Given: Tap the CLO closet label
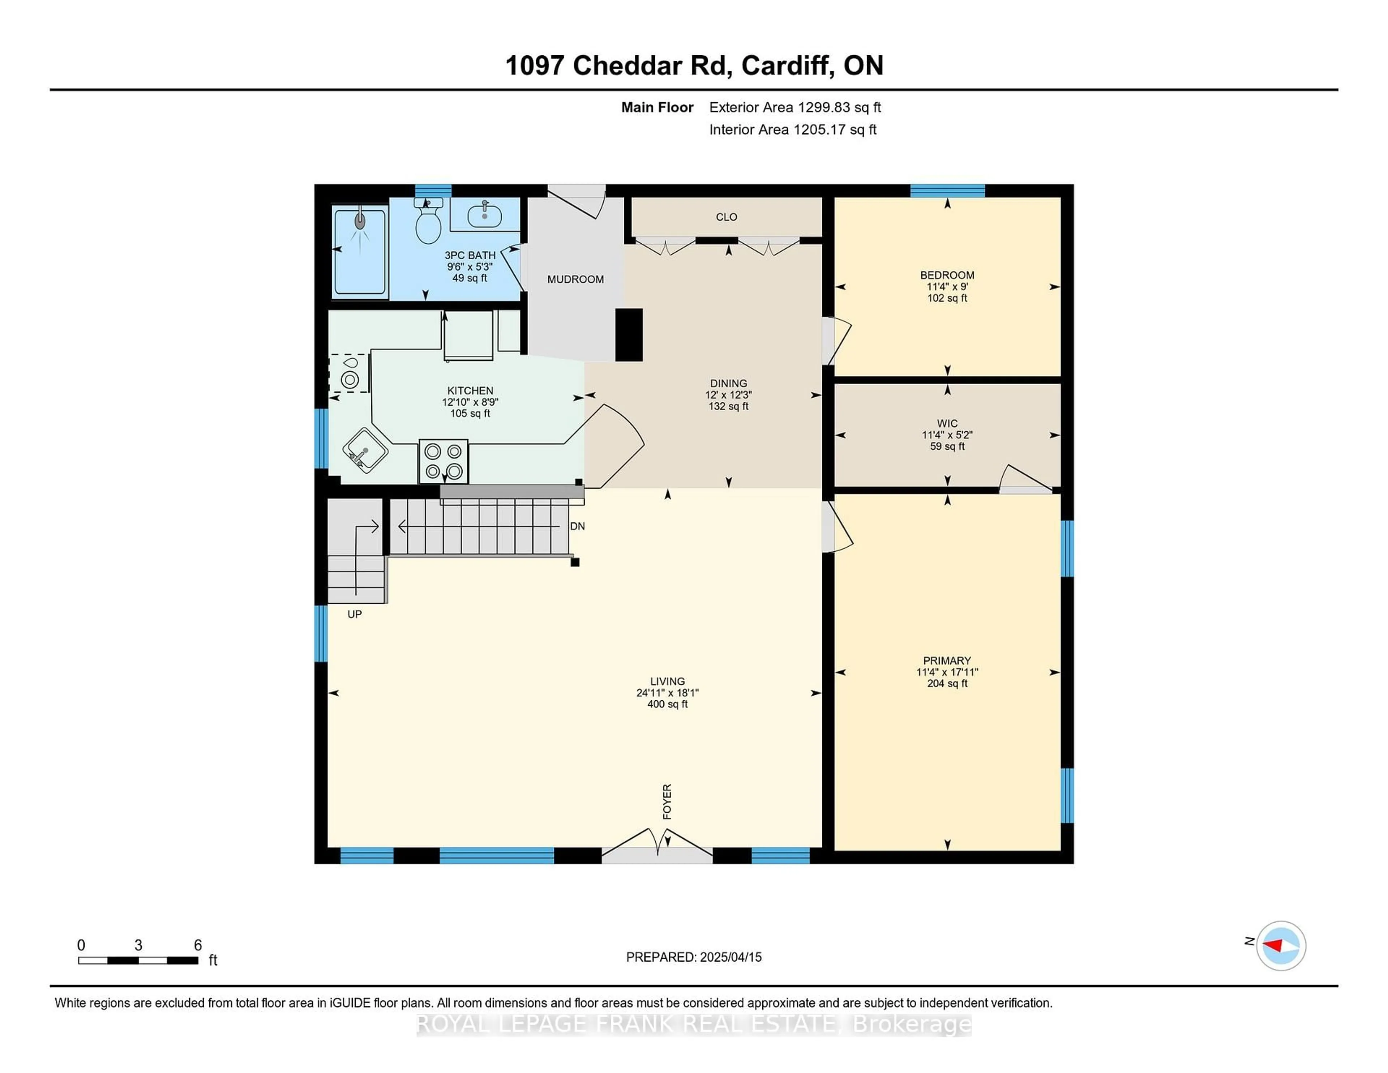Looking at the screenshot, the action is (727, 217).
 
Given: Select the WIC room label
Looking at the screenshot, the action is (947, 423).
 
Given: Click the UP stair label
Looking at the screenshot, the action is (355, 615).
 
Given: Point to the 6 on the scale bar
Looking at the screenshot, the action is (198, 945).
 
